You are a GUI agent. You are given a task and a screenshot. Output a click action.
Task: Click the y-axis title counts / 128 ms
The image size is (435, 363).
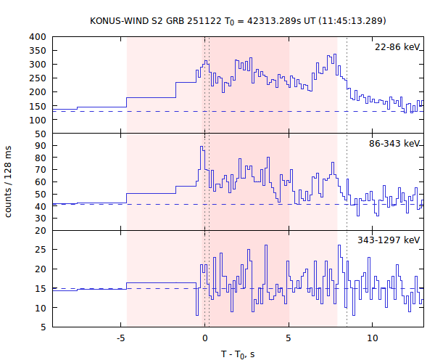[x=9, y=181]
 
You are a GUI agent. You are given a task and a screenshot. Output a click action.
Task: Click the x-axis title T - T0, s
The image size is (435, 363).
[x=239, y=354]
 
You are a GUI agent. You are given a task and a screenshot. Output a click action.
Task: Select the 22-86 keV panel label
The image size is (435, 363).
[x=397, y=47]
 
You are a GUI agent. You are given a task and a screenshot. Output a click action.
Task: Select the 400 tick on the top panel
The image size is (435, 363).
[x=37, y=36]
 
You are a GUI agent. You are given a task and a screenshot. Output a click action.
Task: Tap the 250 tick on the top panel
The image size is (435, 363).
[x=37, y=78]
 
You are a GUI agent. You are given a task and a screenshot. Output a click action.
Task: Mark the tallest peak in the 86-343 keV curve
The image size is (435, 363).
[x=202, y=147]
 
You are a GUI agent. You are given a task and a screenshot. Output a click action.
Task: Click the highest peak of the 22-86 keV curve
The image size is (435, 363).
[x=332, y=55]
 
